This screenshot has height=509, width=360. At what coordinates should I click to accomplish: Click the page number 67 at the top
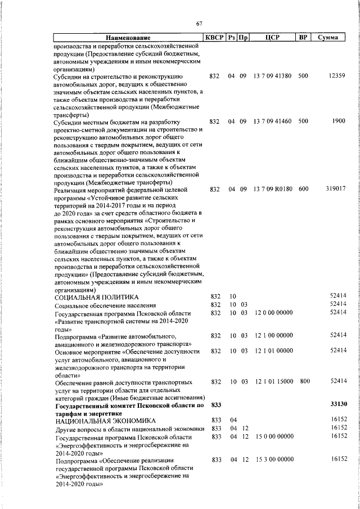point(199,23)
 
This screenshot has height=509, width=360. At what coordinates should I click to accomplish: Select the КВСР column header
point(214,38)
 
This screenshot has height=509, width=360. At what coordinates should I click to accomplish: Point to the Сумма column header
point(327,38)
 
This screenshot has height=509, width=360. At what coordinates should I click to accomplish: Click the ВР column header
point(303,38)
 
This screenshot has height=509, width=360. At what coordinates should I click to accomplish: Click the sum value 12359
point(337,75)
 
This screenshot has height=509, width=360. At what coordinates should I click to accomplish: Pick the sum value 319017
point(335,190)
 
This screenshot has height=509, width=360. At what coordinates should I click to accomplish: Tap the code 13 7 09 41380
point(272,75)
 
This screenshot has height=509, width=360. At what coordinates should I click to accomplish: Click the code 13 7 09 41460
point(272,121)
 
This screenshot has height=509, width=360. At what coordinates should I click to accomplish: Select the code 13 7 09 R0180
point(272,190)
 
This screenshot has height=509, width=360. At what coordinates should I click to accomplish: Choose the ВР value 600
point(303,190)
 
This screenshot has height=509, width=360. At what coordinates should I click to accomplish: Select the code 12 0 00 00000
point(273,312)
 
